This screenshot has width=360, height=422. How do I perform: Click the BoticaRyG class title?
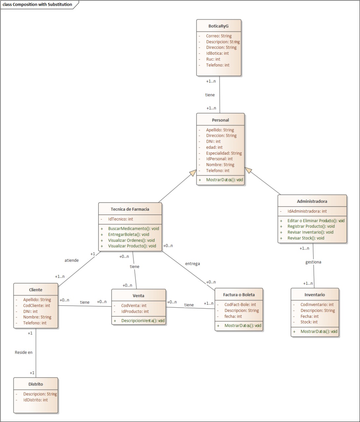[218, 26]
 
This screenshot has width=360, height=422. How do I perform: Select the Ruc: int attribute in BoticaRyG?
[213, 59]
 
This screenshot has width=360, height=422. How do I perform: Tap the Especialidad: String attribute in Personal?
[224, 153]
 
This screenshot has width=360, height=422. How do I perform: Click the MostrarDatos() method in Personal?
[224, 180]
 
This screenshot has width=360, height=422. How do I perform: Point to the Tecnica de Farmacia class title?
[130, 209]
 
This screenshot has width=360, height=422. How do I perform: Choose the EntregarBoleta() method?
[129, 234]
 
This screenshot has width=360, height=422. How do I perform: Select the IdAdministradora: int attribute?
[307, 211]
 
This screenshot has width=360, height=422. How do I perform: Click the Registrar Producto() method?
[311, 226]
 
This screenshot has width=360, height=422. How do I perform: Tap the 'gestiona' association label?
[313, 262]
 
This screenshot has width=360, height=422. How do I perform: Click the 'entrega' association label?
[192, 263]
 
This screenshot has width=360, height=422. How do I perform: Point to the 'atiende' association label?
[72, 260]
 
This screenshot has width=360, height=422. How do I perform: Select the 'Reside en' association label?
[24, 352]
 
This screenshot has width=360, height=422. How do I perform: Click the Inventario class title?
[314, 295]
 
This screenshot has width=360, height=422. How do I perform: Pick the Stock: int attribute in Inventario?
[309, 322]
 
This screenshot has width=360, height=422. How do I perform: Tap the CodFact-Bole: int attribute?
[240, 305]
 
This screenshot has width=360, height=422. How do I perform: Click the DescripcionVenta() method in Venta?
[143, 320]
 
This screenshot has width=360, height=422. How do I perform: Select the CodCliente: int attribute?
[36, 306]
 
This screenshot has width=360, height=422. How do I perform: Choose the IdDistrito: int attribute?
[35, 400]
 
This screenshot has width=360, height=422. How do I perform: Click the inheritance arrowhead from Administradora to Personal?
[248, 170]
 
